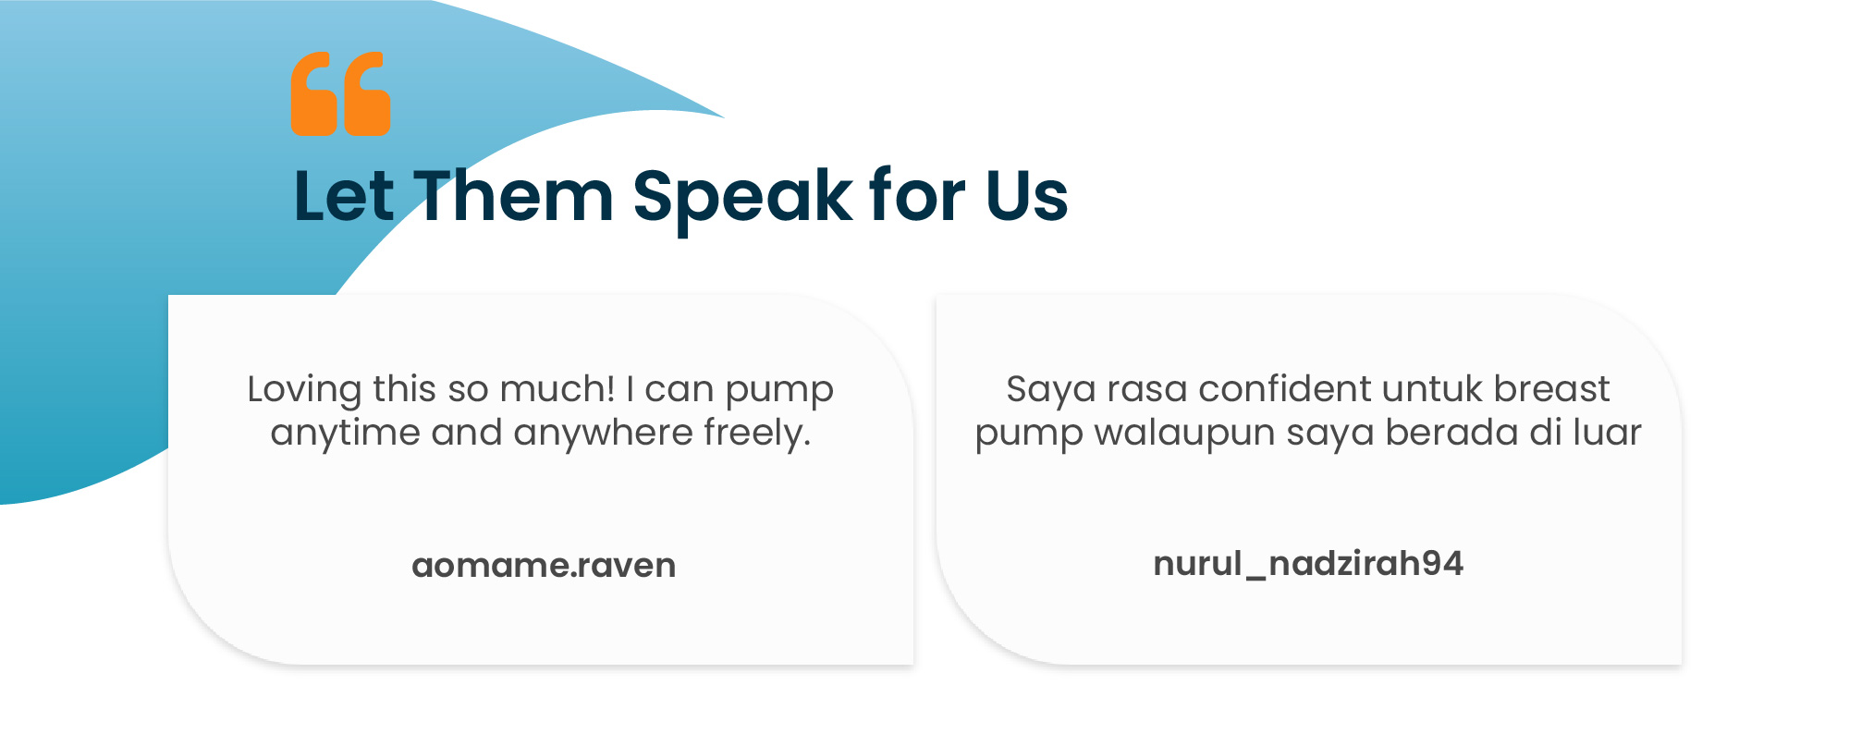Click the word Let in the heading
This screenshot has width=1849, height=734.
click(344, 196)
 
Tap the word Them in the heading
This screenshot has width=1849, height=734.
click(513, 196)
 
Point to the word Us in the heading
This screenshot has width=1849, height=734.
click(1027, 196)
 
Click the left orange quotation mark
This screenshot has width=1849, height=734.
click(314, 94)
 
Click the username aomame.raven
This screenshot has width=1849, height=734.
click(544, 565)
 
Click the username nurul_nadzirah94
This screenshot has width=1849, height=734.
click(1308, 564)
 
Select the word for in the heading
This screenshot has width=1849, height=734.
click(919, 196)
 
